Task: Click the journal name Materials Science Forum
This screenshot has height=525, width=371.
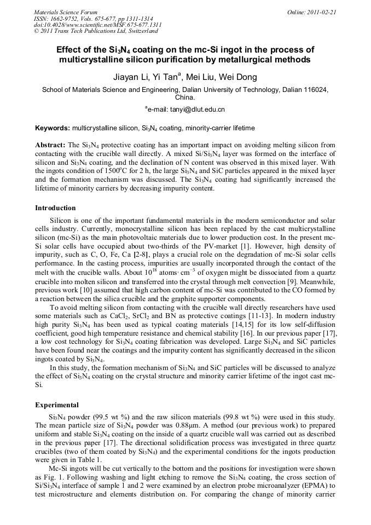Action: point(66,12)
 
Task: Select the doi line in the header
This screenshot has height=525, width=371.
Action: point(97,25)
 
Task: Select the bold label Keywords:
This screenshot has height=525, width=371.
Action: point(53,128)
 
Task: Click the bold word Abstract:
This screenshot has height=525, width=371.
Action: point(50,145)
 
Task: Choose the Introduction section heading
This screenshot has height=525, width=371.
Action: point(55,208)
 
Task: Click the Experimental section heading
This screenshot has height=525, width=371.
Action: point(56,406)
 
